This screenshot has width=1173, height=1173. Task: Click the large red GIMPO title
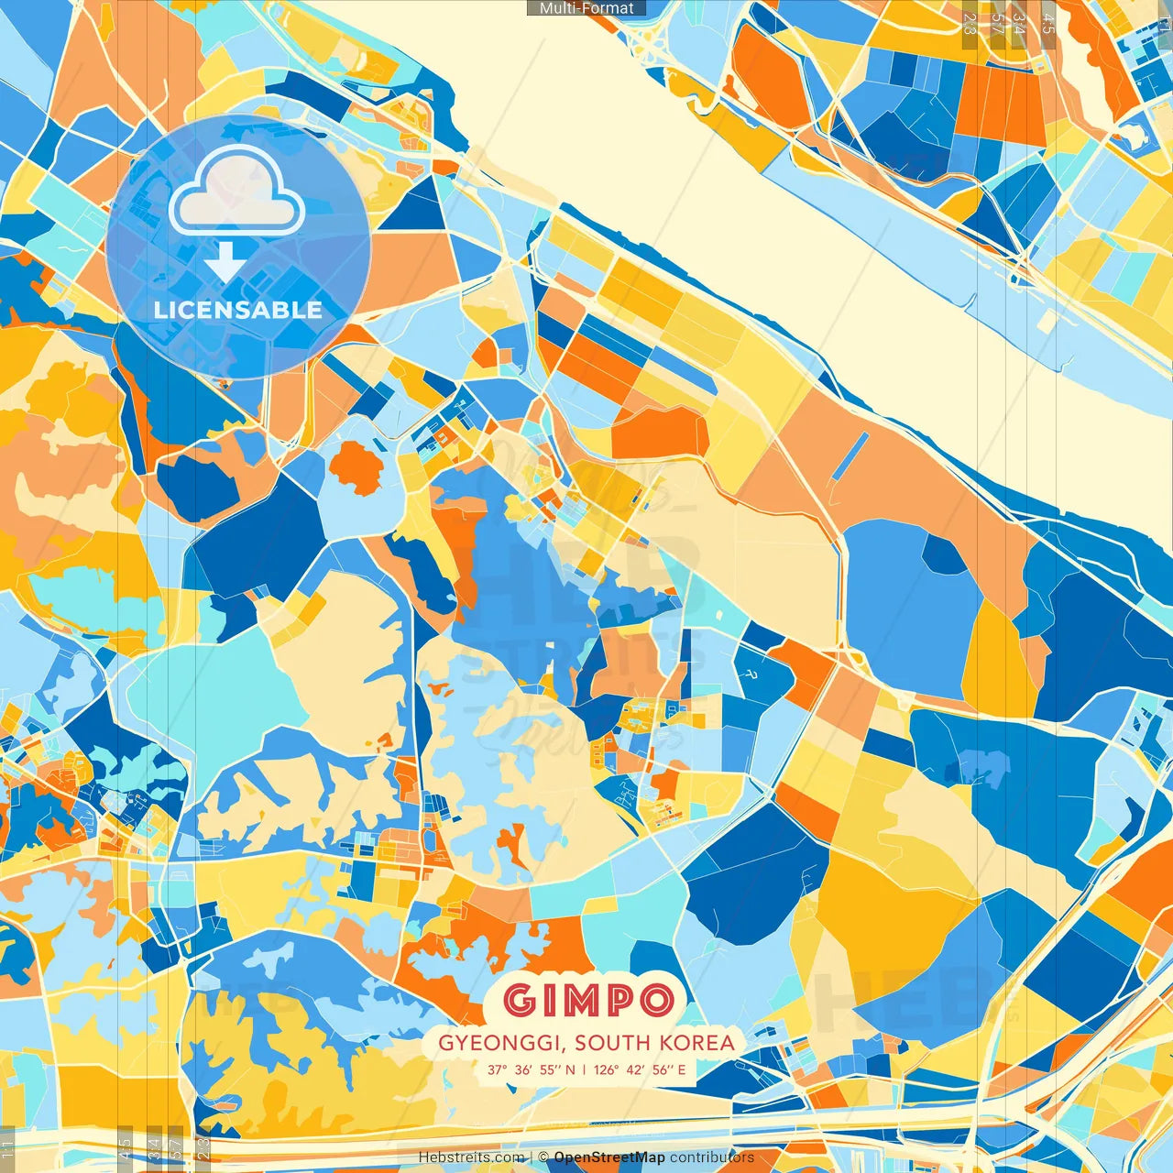587,1000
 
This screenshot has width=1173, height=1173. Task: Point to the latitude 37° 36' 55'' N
532,1069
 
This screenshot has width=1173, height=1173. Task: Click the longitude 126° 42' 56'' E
640,1069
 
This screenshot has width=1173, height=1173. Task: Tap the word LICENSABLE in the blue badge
238,310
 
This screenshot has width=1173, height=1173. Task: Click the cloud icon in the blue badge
236,191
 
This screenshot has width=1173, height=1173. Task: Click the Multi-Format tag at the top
586,8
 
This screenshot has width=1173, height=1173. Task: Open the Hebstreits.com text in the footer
471,1157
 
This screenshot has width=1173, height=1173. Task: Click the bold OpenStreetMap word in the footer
609,1157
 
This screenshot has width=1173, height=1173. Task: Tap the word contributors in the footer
711,1157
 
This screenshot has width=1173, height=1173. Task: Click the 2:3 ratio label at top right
970,23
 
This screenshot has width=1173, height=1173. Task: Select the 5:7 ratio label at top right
997,23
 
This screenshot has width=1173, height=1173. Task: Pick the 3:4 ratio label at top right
1019,23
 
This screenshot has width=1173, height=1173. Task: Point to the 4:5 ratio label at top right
1048,23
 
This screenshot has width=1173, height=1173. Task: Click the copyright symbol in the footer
543,1157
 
